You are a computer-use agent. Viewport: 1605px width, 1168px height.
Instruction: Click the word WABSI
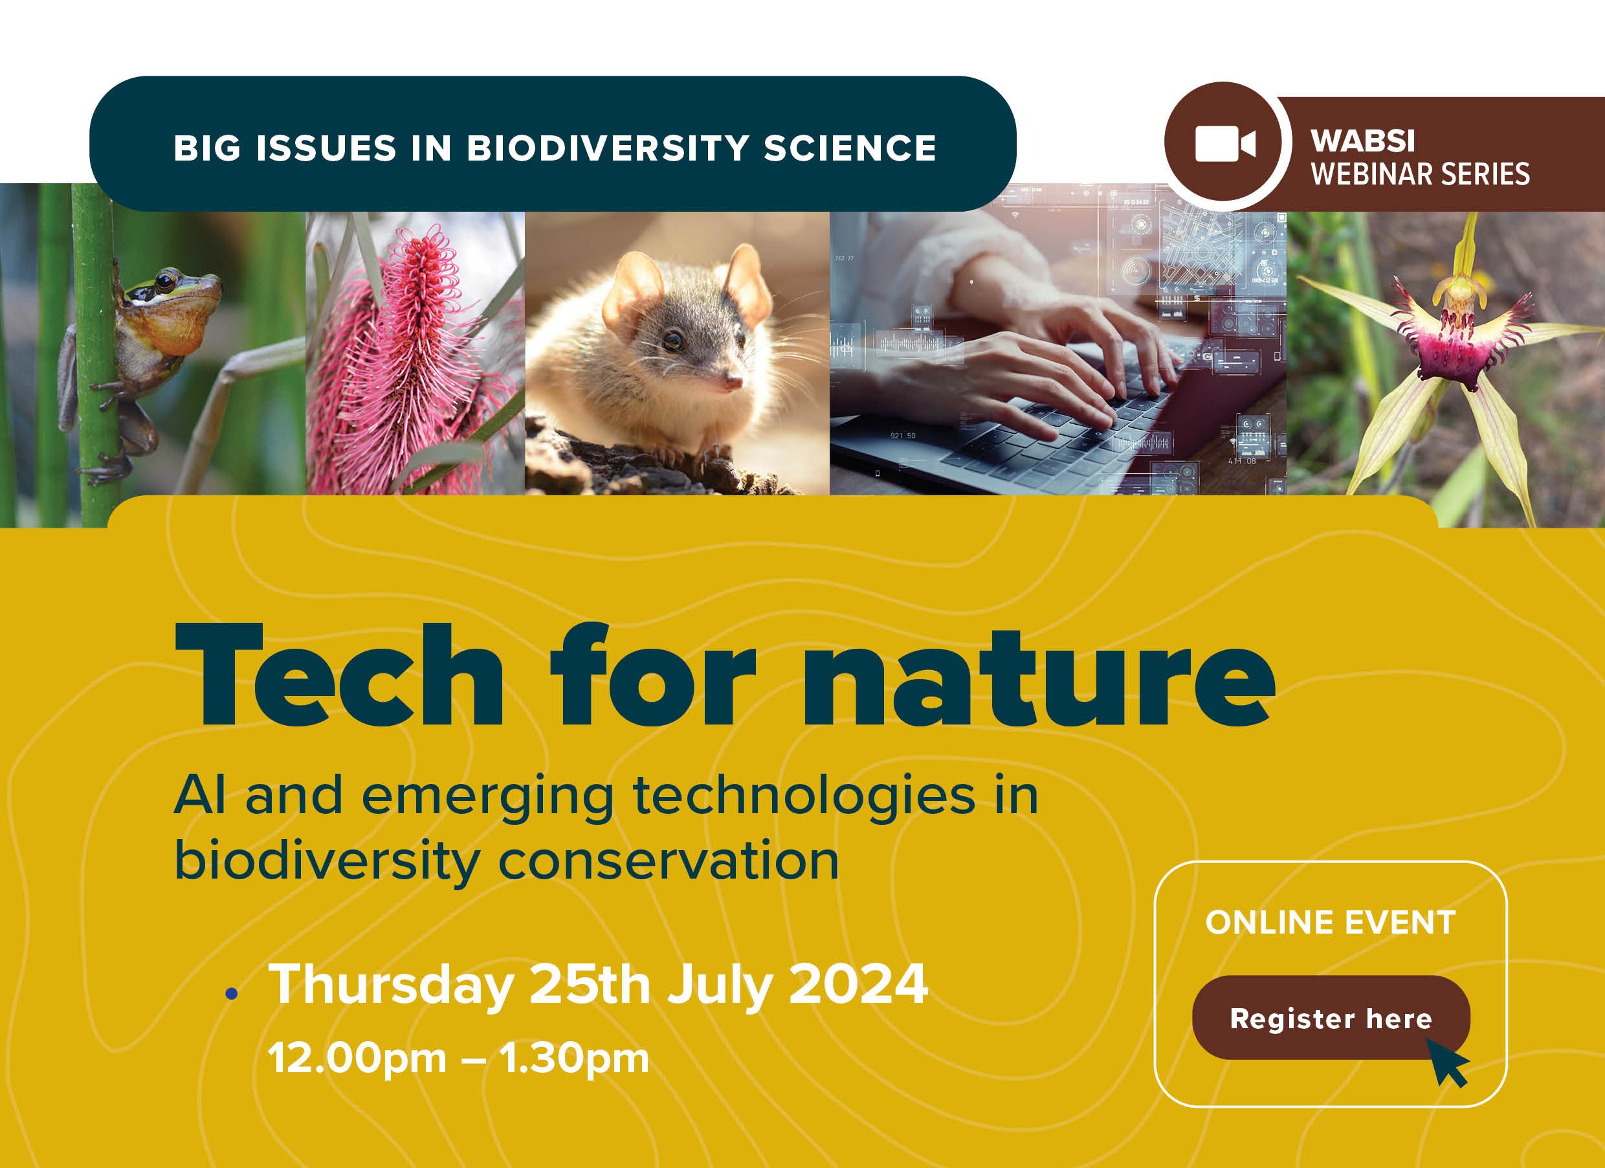tap(1362, 141)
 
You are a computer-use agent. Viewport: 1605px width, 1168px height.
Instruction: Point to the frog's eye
tap(166, 282)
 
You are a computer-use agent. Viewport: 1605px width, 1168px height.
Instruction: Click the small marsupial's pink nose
tap(734, 382)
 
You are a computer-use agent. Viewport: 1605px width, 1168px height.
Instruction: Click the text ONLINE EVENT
tap(1330, 923)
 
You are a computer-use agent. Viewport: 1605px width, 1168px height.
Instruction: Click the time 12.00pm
tap(357, 1059)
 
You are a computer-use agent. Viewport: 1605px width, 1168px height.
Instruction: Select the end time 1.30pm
tap(573, 1059)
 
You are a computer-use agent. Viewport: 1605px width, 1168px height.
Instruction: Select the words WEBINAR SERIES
tap(1420, 174)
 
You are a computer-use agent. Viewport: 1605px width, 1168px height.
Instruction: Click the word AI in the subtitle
tap(199, 796)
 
